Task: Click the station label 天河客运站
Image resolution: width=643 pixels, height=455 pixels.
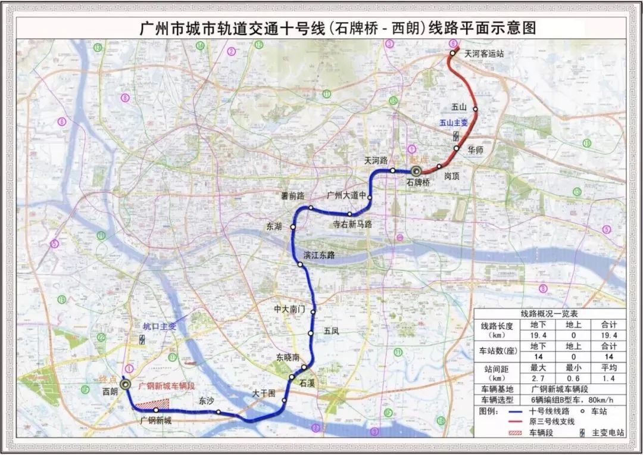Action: click(484, 54)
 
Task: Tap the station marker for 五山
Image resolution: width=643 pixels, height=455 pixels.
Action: click(475, 109)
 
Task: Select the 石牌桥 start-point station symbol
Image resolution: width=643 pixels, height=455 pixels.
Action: click(416, 171)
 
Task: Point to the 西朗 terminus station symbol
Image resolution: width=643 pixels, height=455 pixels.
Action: click(125, 385)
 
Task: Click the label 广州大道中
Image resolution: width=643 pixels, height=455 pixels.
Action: click(345, 195)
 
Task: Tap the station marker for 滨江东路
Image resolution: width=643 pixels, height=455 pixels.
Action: click(300, 264)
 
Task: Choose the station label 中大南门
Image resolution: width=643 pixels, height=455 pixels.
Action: click(289, 310)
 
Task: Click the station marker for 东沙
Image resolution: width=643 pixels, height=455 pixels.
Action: click(219, 412)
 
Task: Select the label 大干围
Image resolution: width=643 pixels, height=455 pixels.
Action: click(264, 393)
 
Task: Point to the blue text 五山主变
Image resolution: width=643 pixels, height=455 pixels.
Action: click(454, 123)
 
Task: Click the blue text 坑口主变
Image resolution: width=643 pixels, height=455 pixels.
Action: click(160, 326)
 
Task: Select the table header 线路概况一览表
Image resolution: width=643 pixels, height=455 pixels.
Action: click(545, 314)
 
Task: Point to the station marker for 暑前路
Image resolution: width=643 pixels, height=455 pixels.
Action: click(311, 208)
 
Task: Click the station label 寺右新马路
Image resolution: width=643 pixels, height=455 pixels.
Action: click(352, 224)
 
